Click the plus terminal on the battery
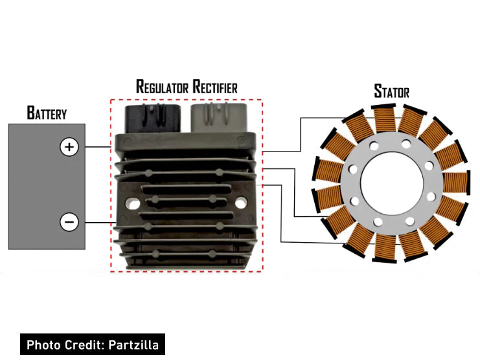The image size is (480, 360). pos(69,147)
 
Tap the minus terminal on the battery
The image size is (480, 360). pos(69,222)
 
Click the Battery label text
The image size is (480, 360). pos(46,113)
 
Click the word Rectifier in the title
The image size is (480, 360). pos(213,86)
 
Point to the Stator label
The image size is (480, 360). pos(391,91)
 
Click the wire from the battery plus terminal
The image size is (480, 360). pos(97,147)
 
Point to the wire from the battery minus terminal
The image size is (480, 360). pos(97,222)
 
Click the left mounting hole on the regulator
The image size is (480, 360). pos(135,203)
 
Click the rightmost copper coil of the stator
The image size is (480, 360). pos(455,182)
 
